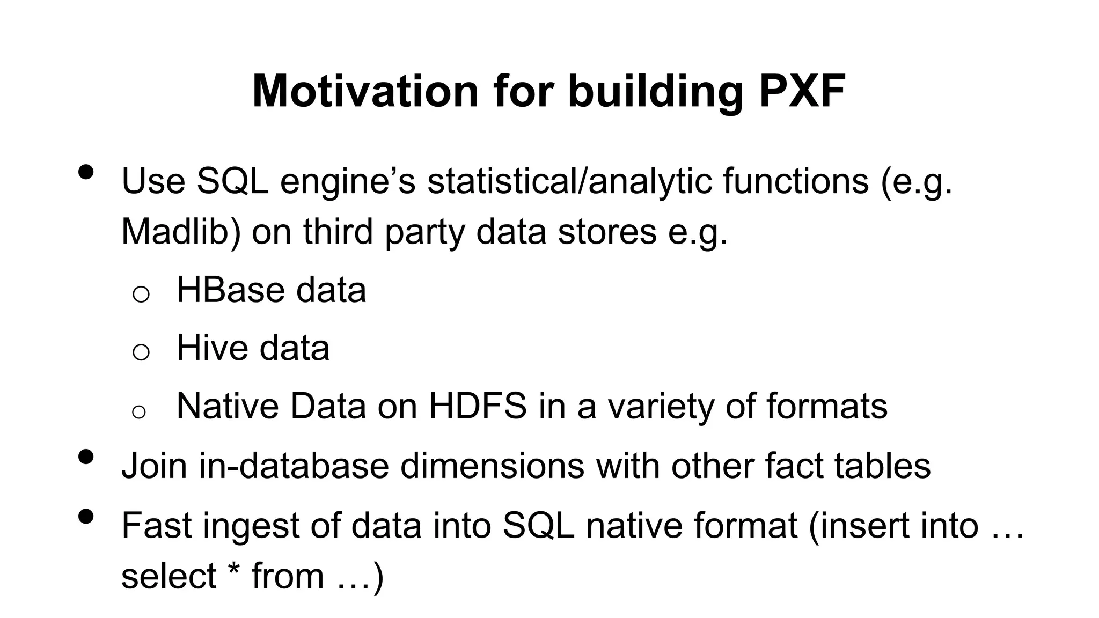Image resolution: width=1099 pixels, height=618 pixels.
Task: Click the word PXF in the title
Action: pos(802,91)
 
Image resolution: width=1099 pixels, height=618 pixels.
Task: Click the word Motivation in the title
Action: pos(365,91)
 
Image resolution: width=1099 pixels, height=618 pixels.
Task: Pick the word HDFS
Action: pos(477,406)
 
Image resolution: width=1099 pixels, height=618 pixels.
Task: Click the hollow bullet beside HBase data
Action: pos(141,295)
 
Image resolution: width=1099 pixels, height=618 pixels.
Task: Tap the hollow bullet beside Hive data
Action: pos(141,352)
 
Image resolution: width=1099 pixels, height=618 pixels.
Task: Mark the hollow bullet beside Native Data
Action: pos(139,412)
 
